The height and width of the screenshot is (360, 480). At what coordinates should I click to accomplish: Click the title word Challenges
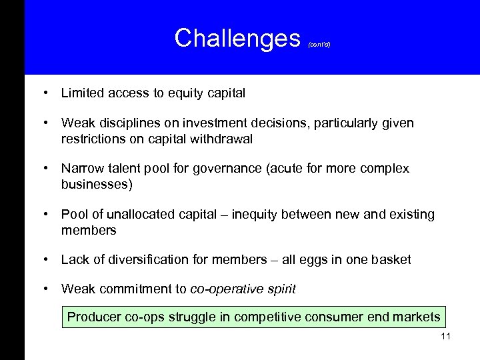tap(237, 39)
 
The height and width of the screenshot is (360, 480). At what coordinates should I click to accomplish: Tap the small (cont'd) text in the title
tap(319, 45)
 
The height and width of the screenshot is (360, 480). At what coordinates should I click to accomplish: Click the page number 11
tap(445, 336)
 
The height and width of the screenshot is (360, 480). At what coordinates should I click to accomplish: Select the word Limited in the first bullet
tap(82, 93)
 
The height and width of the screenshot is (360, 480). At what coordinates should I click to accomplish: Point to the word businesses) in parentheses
tap(97, 184)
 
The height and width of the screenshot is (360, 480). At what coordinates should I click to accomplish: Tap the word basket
tap(392, 259)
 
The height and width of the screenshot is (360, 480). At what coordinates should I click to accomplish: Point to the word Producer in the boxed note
tap(93, 317)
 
